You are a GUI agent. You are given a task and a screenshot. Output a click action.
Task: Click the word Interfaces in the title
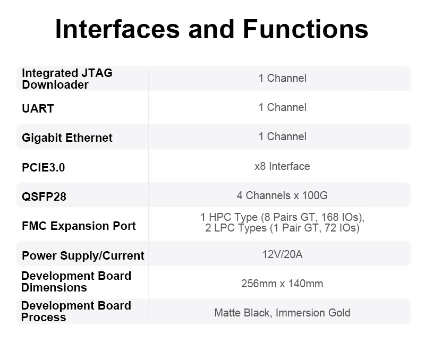click(x=117, y=29)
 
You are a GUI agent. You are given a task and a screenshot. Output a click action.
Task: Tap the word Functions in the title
click(x=305, y=29)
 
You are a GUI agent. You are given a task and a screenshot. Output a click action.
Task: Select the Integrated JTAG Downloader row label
click(x=67, y=79)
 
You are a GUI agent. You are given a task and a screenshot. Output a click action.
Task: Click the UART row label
click(x=38, y=109)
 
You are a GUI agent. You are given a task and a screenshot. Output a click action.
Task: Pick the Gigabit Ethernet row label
click(x=67, y=138)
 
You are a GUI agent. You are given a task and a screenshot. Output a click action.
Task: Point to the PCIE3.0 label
click(x=44, y=167)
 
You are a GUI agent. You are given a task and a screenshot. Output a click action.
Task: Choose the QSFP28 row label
click(x=44, y=196)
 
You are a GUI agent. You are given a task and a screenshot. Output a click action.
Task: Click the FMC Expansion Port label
click(x=79, y=226)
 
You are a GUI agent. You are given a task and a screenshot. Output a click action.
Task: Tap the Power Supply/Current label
click(x=83, y=255)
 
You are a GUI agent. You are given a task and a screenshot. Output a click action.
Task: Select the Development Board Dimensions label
click(x=76, y=282)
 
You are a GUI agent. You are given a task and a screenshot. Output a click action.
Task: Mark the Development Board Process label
click(x=76, y=311)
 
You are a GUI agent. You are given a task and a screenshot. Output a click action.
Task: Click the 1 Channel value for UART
click(x=283, y=107)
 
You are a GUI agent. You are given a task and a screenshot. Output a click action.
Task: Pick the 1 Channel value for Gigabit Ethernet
click(x=283, y=136)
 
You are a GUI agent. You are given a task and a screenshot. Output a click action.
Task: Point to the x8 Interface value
click(x=282, y=166)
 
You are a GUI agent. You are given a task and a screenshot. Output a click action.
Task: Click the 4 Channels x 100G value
click(x=282, y=195)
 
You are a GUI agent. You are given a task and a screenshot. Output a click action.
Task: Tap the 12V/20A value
click(x=283, y=254)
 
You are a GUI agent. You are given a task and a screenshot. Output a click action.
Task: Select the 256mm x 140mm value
click(x=282, y=284)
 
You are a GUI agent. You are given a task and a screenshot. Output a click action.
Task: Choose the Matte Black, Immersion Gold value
click(x=282, y=313)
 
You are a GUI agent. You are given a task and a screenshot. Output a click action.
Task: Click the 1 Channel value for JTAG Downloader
click(x=283, y=78)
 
